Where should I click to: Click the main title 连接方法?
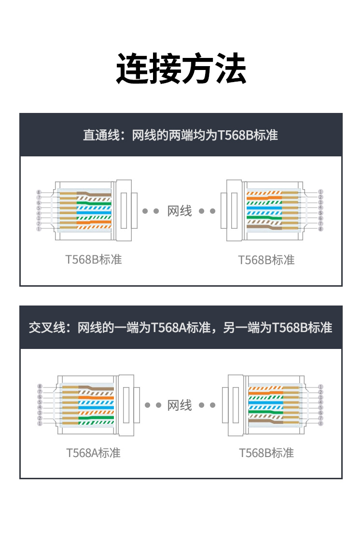click(x=181, y=69)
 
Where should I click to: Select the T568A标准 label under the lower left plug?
click(x=93, y=453)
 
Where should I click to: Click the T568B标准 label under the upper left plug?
click(x=94, y=259)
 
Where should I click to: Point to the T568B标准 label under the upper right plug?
click(x=266, y=260)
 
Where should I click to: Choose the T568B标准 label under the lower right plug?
click(x=266, y=453)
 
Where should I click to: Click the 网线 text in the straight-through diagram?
click(x=180, y=211)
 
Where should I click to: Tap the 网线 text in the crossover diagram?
click(x=180, y=405)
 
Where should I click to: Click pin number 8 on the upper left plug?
click(x=39, y=192)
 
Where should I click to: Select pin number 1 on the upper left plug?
click(x=39, y=229)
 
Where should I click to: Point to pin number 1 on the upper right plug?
click(x=320, y=192)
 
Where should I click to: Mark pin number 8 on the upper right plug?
click(x=320, y=229)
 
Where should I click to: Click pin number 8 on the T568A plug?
click(x=40, y=387)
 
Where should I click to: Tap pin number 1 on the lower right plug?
click(x=320, y=387)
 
